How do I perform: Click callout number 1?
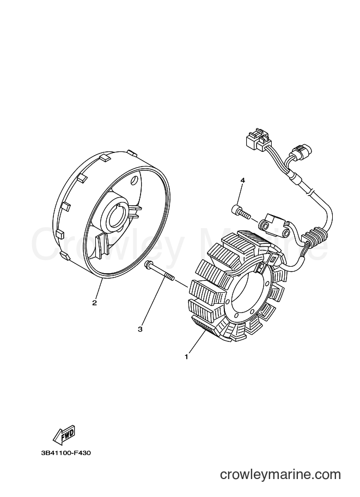[186, 357]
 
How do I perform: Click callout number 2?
[94, 303]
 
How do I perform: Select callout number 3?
[140, 329]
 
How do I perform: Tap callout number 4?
[243, 180]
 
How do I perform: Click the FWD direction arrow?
[64, 433]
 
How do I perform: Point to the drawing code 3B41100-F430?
[66, 453]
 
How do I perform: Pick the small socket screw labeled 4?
[240, 211]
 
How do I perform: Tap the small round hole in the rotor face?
[135, 180]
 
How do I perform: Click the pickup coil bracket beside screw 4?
[274, 226]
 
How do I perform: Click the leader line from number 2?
[99, 289]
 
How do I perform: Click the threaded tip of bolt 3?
[170, 278]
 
